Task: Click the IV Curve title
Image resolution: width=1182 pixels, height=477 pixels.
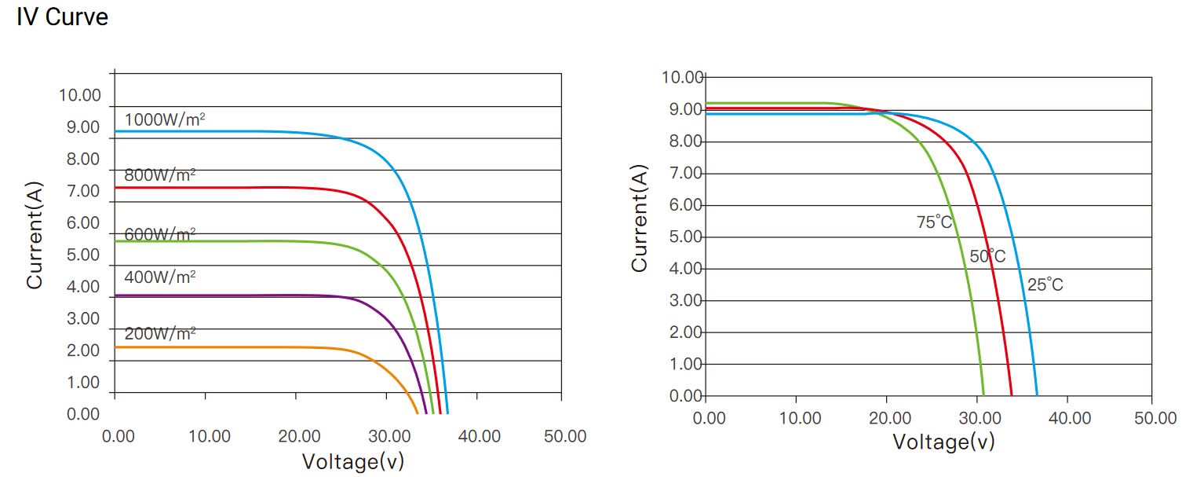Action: (x=62, y=18)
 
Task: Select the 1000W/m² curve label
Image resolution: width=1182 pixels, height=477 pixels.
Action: (x=165, y=120)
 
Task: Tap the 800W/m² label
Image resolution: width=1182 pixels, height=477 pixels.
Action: (x=159, y=176)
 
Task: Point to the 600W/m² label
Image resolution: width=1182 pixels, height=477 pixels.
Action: (x=159, y=235)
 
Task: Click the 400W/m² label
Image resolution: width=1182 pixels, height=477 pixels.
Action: (x=159, y=277)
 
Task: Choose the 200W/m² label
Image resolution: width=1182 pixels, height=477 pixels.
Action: (x=159, y=333)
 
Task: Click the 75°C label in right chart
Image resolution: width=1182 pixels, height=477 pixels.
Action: (x=934, y=222)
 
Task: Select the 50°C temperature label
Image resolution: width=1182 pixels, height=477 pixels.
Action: (x=987, y=257)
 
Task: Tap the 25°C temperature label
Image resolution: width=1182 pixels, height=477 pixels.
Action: (x=1045, y=285)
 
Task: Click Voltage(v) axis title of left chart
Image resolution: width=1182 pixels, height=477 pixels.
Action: (x=353, y=461)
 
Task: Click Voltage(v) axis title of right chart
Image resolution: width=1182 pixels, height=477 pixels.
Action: (x=943, y=442)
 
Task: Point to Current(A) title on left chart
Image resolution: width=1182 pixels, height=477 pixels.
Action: (x=35, y=235)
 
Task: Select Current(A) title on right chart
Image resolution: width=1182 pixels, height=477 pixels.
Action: (x=640, y=218)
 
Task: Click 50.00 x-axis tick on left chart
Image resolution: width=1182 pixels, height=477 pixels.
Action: (x=565, y=436)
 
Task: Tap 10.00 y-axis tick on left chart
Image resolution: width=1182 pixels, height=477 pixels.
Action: (x=80, y=96)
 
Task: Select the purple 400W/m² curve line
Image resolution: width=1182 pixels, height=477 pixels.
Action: (x=235, y=295)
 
